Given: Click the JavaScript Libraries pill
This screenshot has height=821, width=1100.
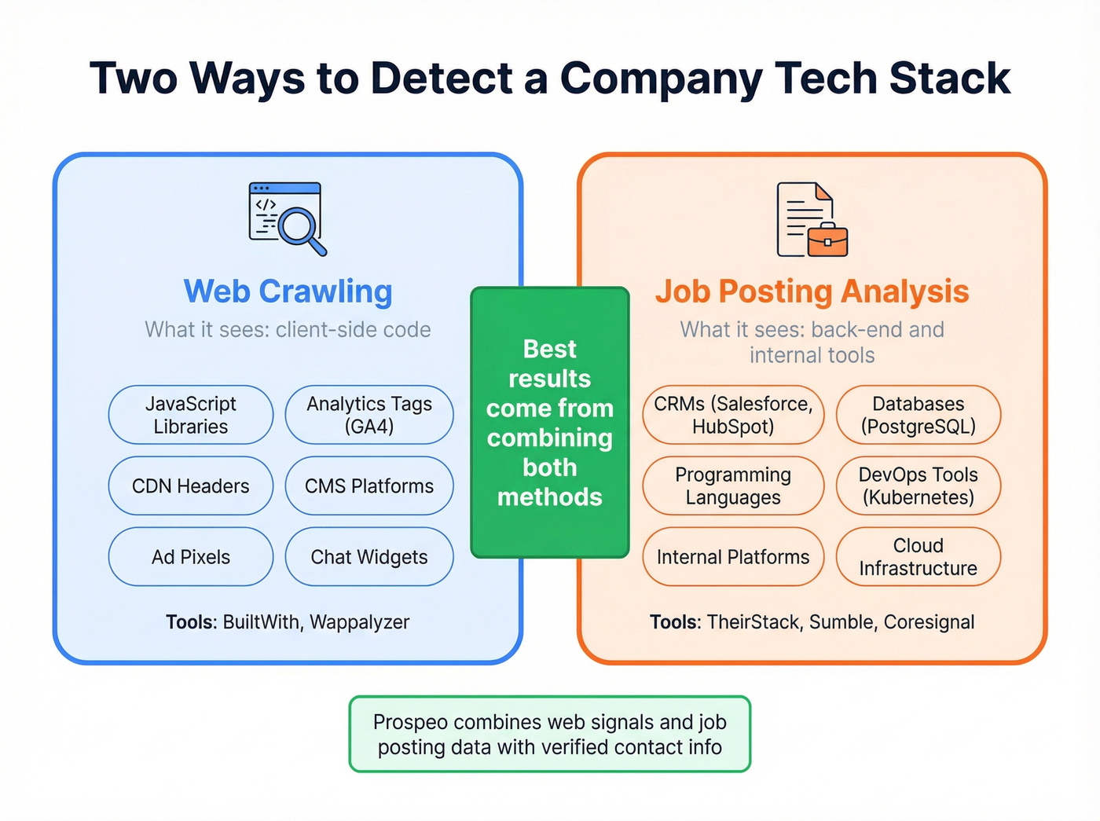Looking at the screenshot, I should point(191,415).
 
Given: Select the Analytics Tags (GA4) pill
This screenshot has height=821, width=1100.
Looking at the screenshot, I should point(369,415).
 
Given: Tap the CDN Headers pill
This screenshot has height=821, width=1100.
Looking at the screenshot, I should point(191,486).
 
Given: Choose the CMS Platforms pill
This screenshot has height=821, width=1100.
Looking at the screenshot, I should point(369,486).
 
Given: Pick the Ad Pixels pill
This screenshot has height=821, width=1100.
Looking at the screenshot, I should point(191,557).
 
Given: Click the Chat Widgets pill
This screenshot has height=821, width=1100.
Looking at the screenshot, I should point(369,557).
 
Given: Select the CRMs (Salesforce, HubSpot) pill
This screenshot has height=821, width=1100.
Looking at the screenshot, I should point(733,415).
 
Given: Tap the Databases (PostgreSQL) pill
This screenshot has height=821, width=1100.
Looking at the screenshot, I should point(918,415).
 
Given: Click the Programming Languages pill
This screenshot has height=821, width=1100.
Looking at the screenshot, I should point(733,486).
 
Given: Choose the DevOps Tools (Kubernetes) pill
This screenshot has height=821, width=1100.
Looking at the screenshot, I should point(918,486).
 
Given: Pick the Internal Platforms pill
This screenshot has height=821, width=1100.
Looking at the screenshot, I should point(733,557).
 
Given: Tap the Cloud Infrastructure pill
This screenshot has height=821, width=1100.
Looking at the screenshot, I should point(918,557).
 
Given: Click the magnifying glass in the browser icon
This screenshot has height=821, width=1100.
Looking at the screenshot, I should point(300,229).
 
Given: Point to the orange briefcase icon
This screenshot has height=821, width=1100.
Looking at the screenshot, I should point(827,240).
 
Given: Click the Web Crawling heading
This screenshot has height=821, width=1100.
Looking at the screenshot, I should point(288,291).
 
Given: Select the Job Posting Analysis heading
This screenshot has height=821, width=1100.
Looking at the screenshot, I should point(812,291).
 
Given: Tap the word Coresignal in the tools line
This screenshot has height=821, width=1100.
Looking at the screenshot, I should point(929,622).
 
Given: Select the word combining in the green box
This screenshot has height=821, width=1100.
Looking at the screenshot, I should point(549,438).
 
